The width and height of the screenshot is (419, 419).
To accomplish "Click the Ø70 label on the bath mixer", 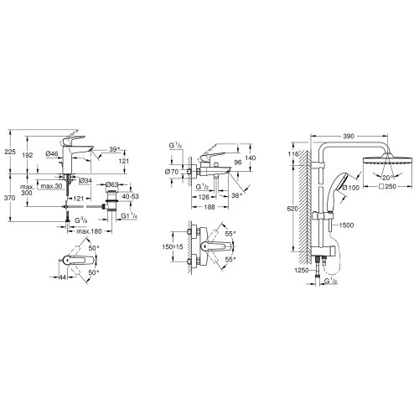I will (173, 173).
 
